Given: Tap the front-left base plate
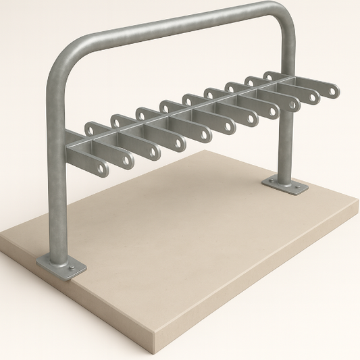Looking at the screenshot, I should [x=61, y=267].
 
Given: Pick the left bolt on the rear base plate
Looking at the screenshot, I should [x=272, y=181].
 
